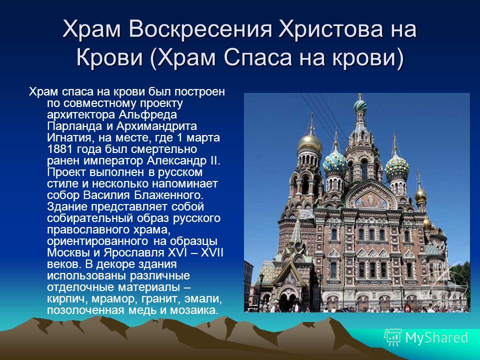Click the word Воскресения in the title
pos(200,29)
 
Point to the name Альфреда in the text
pos(147,115)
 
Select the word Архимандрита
pos(156,126)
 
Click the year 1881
pos(60,149)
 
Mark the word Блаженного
pos(168,195)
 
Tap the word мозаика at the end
pos(194,310)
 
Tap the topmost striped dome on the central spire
pos(360,106)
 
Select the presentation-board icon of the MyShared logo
pos(393,337)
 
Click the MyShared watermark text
pos(436,337)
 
